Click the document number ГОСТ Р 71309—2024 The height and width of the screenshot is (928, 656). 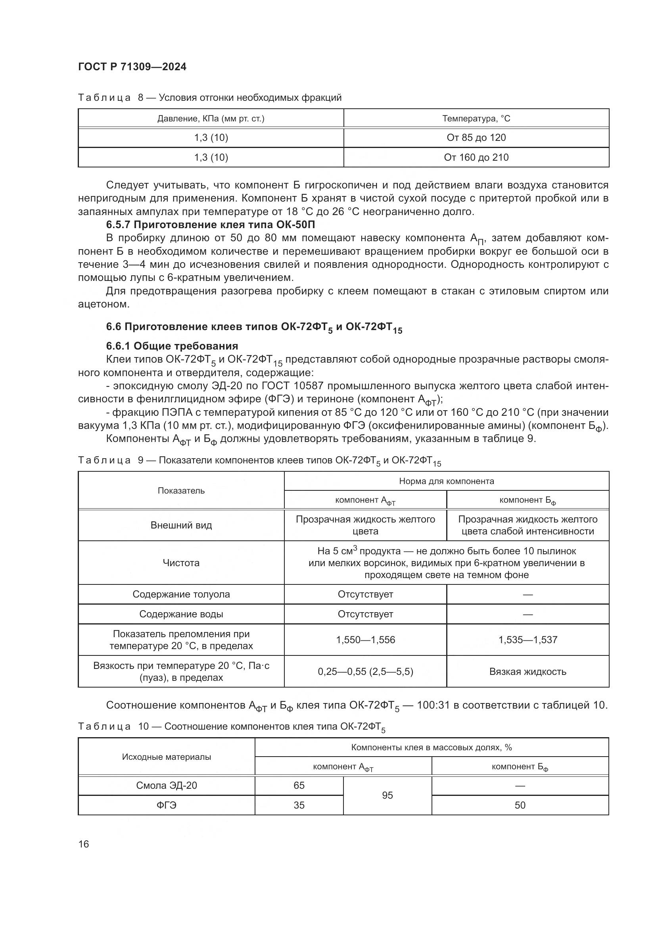[132, 67]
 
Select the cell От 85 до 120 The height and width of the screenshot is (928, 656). [476, 138]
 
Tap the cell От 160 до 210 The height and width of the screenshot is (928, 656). [476, 157]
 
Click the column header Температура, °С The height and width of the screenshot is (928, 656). [476, 118]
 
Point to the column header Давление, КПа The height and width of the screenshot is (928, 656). [211, 118]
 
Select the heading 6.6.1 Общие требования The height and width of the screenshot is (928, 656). [172, 346]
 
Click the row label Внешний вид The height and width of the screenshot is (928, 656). [181, 525]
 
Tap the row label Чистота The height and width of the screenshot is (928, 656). [181, 563]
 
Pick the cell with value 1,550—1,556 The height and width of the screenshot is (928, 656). [365, 640]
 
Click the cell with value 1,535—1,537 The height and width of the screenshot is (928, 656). [527, 640]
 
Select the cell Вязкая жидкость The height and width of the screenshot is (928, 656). [527, 671]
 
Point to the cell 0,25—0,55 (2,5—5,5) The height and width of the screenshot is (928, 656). [365, 671]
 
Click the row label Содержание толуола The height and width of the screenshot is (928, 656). [181, 594]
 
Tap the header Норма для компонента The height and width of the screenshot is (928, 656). [446, 481]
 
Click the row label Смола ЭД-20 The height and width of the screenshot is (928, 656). [167, 785]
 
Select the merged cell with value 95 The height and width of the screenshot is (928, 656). [387, 795]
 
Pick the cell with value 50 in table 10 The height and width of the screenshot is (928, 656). [520, 805]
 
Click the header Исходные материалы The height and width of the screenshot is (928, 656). [167, 757]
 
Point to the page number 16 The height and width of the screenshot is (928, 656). [84, 844]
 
